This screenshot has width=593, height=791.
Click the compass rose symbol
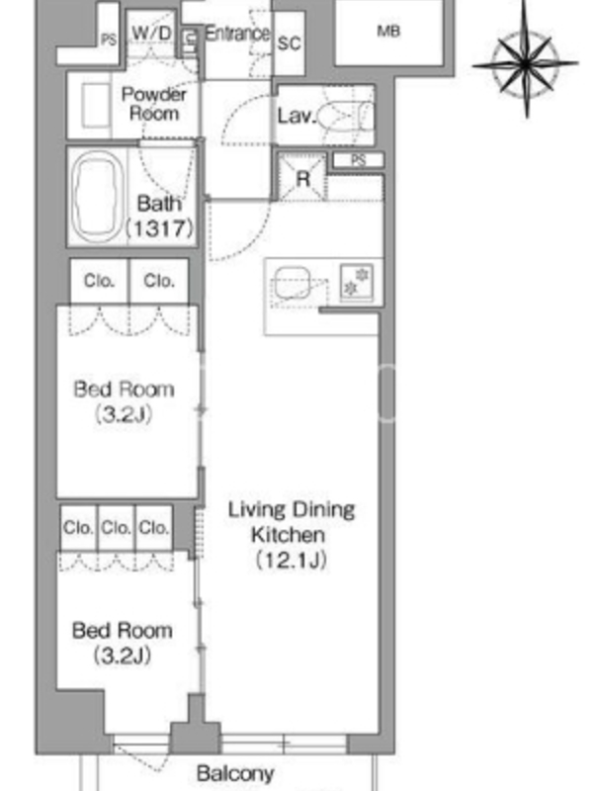pos(526,63)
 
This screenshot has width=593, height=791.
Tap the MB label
pos(388,32)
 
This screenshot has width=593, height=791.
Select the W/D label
pos(151,34)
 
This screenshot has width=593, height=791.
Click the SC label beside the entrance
pos(290,44)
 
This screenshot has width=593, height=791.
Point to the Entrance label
pos(237,34)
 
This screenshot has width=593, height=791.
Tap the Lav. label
pos(297,116)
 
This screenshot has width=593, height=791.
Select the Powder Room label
pos(154,104)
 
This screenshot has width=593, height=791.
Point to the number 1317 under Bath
pos(159,228)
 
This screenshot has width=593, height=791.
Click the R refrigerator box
pos(302,177)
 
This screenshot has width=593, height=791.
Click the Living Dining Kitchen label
pos(291,523)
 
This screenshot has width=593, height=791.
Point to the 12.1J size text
pos(291,561)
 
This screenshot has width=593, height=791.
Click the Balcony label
pos(235,773)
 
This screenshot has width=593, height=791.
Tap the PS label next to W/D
pos(109,40)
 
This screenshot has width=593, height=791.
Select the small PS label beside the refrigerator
pos(358,160)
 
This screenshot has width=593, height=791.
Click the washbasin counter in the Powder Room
pos(96,106)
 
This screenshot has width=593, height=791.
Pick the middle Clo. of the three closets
pos(116,528)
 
